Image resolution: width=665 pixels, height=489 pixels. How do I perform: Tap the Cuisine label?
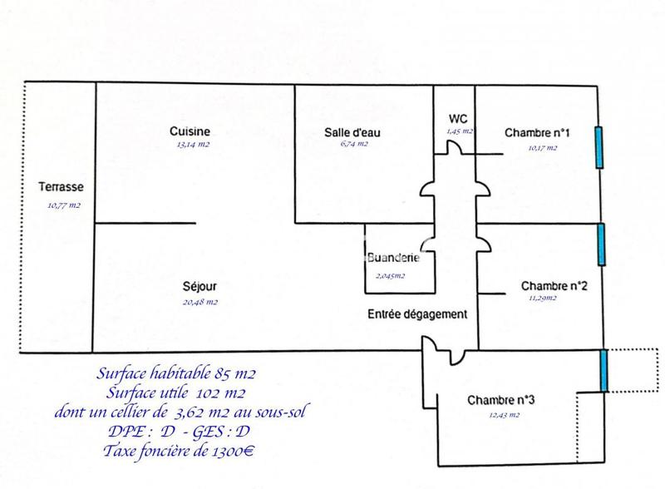190,131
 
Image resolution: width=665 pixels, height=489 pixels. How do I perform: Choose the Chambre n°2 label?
555,286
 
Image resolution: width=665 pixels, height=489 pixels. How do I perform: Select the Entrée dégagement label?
418,314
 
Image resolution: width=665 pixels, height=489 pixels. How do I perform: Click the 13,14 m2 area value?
192,145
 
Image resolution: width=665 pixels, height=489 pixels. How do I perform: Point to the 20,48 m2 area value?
200,302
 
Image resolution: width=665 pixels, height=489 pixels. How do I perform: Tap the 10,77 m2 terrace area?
65,205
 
